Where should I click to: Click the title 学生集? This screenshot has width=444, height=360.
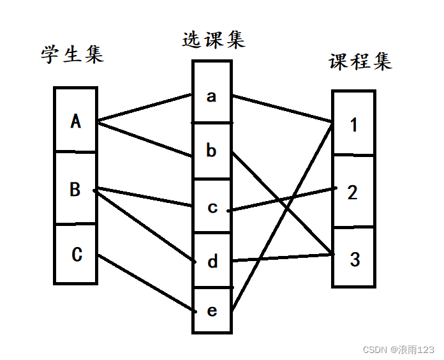pos(72,55)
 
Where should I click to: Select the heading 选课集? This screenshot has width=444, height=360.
pos(213,40)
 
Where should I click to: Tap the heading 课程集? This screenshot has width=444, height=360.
pos(360,61)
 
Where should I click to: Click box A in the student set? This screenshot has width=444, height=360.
pos(76,121)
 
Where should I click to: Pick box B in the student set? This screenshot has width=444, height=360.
pos(75,190)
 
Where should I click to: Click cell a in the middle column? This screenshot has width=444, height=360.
pos(212,96)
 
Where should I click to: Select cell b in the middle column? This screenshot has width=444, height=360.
pos(212,151)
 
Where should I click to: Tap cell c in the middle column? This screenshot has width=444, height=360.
pos(212,207)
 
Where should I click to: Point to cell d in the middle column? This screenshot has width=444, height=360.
pos(212,261)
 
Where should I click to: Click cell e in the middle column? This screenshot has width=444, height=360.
pos(212,311)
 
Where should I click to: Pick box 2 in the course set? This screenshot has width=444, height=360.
pos(353,192)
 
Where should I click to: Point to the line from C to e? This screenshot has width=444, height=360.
pos(145,283)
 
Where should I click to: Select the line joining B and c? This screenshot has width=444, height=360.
pos(144,197)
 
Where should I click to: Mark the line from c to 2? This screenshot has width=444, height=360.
pos(284,199)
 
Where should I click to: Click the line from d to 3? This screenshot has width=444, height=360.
pos(283,257)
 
